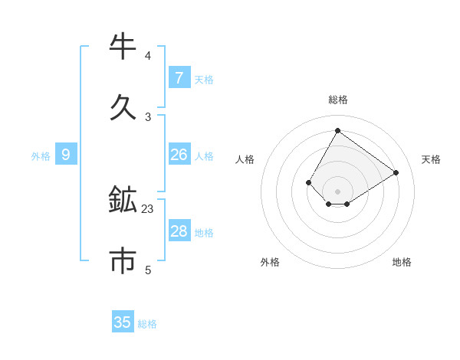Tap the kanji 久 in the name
123,107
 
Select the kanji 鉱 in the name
123,201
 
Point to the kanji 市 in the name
123,260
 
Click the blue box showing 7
179,78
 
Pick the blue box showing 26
179,155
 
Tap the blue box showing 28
179,231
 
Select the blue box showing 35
123,322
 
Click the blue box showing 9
66,155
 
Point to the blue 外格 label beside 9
41,156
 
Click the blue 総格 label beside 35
147,324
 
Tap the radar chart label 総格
337,100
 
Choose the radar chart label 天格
431,159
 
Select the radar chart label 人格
245,159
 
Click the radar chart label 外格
270,262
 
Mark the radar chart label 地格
402,262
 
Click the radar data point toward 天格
396,173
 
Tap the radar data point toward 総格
337,130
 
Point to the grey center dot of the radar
337,191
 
